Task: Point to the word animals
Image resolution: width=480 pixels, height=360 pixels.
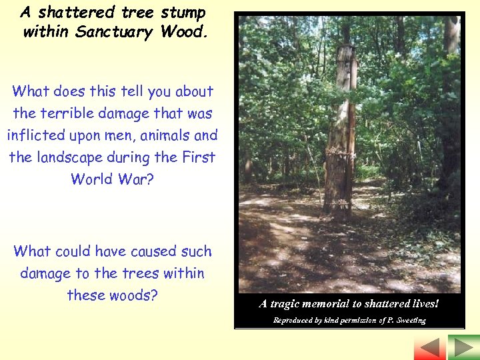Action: click(x=157, y=135)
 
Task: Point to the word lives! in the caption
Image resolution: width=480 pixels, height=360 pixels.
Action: click(x=424, y=303)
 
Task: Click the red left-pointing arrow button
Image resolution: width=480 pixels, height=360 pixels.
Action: click(x=430, y=347)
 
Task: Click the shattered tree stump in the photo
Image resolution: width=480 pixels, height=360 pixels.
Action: click(x=340, y=133)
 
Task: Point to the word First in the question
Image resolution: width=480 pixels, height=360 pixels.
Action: click(x=199, y=157)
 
